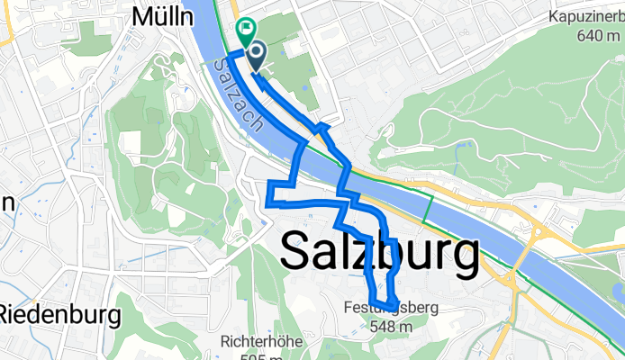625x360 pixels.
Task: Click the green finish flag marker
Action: pyautogui.click(x=244, y=30)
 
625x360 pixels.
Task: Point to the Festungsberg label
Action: pyautogui.click(x=390, y=308)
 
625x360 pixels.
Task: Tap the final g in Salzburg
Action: pyautogui.click(x=462, y=259)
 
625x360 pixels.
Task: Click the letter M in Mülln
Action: pyautogui.click(x=140, y=15)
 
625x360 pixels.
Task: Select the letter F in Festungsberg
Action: pyautogui.click(x=348, y=307)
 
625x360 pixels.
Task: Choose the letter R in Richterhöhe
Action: pyautogui.click(x=224, y=342)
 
